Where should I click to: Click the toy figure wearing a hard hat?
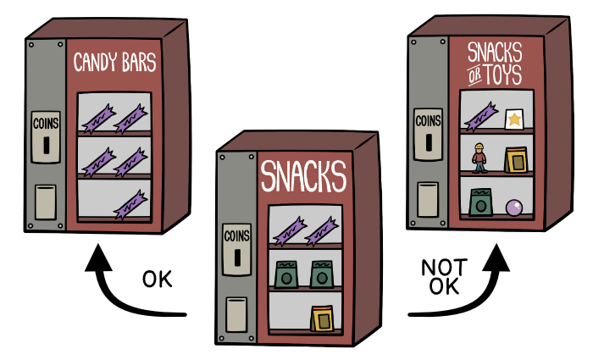tap(479, 158)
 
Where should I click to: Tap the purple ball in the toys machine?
tap(514, 208)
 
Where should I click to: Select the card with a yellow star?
tap(514, 119)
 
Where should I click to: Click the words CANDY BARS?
tap(114, 62)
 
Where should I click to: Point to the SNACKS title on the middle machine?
tap(303, 176)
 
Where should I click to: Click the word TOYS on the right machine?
tap(503, 75)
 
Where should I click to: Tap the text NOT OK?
tap(445, 276)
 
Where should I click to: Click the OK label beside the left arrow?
tap(158, 280)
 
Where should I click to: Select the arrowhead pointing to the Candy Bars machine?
tap(99, 258)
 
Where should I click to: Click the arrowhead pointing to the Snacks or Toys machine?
tap(496, 258)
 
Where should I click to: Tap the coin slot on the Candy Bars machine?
tap(46, 145)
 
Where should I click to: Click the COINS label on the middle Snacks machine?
tap(236, 236)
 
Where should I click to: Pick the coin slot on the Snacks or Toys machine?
tap(429, 142)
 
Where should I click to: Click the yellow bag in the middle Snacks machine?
tap(323, 318)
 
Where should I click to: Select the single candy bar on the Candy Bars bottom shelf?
tap(130, 205)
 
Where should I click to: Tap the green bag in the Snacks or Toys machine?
tap(481, 202)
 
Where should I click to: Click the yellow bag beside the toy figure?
tap(516, 160)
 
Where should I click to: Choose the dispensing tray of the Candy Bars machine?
tap(46, 202)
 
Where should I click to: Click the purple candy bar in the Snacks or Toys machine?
tap(480, 117)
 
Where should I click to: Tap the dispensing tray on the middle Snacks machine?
tap(236, 314)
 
